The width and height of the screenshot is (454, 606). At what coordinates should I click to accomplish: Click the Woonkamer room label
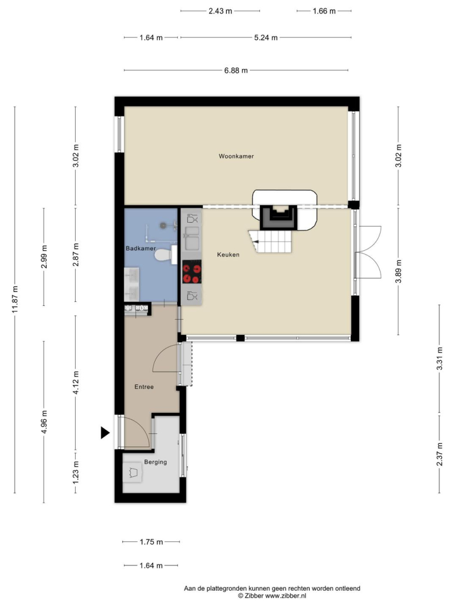click(236, 156)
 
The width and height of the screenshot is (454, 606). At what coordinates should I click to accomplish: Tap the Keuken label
click(228, 255)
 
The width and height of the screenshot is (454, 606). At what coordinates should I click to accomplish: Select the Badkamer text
click(141, 249)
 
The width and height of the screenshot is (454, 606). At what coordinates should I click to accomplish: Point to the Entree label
click(144, 387)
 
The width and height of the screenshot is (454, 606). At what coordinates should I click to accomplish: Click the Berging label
click(155, 462)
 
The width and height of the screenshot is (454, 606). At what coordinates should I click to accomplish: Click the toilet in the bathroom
click(166, 255)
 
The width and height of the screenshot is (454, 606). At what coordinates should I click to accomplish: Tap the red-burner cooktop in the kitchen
click(192, 272)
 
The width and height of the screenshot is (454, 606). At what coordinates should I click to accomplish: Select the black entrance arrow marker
click(105, 433)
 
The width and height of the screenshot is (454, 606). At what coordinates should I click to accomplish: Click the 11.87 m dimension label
click(15, 300)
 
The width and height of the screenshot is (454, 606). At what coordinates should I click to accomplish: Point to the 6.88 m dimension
click(236, 70)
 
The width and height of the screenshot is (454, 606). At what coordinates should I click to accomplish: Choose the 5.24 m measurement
click(266, 38)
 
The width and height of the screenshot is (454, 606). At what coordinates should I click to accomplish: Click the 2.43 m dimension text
click(220, 11)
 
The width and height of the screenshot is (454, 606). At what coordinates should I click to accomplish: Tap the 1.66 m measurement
click(324, 11)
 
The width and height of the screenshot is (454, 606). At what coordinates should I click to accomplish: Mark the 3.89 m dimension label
click(398, 272)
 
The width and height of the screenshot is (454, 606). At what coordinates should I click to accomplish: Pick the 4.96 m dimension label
click(44, 422)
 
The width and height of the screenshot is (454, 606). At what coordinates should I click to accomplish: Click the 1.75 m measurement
click(151, 542)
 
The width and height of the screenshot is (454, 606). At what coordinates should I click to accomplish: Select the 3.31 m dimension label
click(439, 359)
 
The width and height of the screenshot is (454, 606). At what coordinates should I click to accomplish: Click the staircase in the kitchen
click(270, 241)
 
